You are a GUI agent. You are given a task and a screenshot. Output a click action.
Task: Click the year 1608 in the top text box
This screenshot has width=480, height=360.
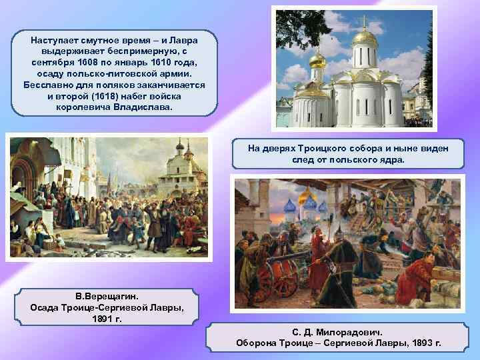[93, 63]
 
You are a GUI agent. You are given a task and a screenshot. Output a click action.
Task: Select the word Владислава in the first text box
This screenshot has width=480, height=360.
[140, 107]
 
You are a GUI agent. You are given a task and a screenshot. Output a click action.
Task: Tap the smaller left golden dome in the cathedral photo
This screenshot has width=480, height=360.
[317, 61]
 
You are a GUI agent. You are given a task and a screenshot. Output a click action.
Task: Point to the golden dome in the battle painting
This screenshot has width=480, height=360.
[307, 197]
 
